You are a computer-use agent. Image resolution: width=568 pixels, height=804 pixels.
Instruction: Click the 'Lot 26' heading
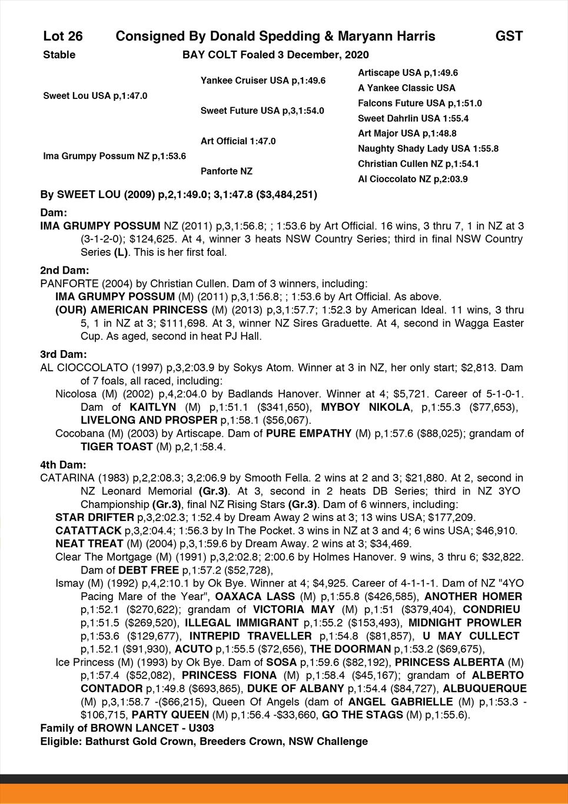pos(63,37)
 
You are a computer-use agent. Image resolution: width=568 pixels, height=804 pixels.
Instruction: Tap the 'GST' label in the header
pos(509,37)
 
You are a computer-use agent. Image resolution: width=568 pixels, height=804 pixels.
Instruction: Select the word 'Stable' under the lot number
pos(59,55)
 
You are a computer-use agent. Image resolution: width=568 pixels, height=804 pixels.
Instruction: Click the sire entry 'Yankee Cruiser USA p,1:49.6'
pos(263,80)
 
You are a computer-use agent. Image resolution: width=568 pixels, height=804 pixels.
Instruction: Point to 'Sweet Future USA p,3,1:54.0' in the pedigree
pos(262,110)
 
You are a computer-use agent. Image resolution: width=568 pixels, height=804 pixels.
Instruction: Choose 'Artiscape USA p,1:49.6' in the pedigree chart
pos(408,73)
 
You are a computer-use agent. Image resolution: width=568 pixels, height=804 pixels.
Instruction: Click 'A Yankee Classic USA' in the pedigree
pos(406,88)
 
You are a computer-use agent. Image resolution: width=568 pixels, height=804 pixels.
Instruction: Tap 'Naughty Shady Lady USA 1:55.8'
pos(428,149)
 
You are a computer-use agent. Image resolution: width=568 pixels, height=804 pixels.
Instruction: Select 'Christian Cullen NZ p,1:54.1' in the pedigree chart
pos(418,164)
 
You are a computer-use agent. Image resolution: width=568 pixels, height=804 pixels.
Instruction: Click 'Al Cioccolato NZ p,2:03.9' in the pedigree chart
pos(413,179)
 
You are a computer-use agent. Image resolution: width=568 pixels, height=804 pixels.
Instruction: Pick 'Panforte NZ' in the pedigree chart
pos(226,171)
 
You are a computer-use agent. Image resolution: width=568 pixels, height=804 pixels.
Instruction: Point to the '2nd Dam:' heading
pos(64,270)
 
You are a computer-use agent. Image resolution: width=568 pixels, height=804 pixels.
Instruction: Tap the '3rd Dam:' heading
pos(64,354)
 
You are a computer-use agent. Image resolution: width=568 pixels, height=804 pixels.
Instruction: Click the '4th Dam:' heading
pos(63,464)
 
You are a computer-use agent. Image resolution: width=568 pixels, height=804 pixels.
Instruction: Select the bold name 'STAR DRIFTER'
pos(94,518)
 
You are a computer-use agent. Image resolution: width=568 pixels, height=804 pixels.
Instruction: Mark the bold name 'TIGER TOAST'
pos(117,447)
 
